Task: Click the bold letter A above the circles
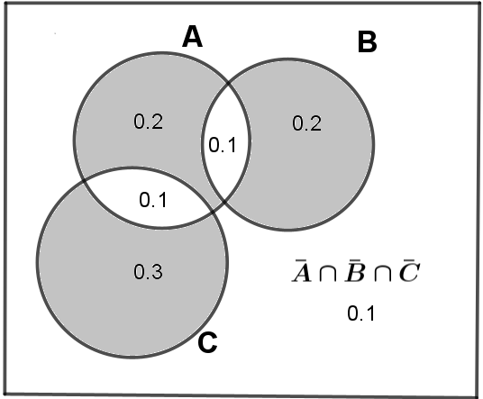coord(193,36)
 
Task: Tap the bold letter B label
coord(367,42)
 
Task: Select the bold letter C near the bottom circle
coord(207,342)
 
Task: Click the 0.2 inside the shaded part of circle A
coord(149,122)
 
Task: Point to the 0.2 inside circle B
coord(306,123)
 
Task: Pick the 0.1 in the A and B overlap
coord(223,145)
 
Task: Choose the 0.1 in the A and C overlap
coord(153,200)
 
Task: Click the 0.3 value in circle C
coord(148,272)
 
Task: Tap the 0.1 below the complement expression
coord(361,313)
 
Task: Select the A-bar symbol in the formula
coord(301,271)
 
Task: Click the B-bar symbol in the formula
coord(355,271)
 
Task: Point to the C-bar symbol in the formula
coord(409,271)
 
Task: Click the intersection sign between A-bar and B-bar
coord(328,274)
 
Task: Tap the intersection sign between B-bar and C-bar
coord(383,274)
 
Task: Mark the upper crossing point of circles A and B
coord(228,83)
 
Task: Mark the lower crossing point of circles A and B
coord(224,202)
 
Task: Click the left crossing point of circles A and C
coord(84,182)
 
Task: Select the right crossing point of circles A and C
coord(213,213)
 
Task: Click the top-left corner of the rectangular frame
coord(5,3)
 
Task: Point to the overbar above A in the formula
coord(299,262)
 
